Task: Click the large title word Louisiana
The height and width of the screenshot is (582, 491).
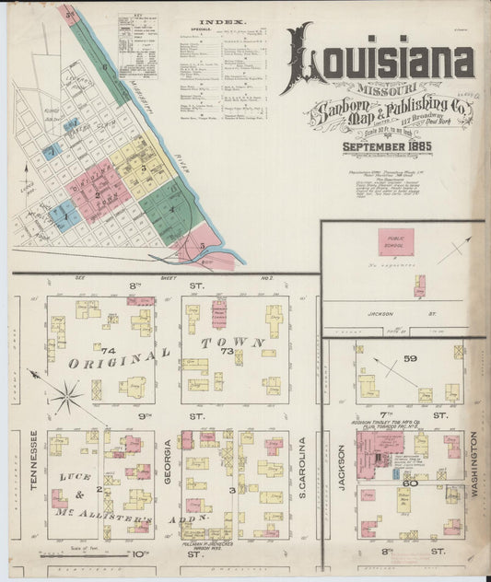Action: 380,61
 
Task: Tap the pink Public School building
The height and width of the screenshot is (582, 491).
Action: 395,241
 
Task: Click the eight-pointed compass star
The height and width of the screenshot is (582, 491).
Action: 66,398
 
